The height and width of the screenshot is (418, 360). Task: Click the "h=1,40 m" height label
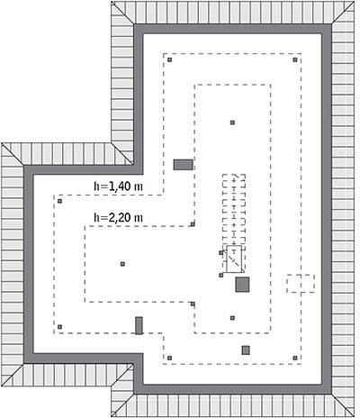coord(118,186)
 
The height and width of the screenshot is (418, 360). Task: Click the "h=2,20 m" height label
coord(118,217)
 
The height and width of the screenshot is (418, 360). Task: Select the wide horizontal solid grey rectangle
coord(183,165)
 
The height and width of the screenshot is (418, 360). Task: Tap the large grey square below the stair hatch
coord(242,285)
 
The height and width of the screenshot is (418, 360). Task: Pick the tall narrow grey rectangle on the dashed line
coord(139,325)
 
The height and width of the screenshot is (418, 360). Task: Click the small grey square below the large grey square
coord(246,350)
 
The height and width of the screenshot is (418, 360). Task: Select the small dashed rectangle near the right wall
coord(301,284)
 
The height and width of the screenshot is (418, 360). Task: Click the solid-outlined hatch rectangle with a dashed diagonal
coord(234,259)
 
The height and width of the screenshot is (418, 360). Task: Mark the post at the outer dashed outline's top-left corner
coord(170,59)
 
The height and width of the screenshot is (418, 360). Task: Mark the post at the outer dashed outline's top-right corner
coord(295,59)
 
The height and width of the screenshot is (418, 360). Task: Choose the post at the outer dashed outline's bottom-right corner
coord(295,358)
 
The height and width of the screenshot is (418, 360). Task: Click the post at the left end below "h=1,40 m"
coord(59,201)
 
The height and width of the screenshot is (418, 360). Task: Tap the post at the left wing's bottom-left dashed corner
coord(59,327)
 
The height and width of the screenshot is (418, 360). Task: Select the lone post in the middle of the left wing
coord(122,264)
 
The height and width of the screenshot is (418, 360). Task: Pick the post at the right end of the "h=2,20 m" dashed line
coord(193,224)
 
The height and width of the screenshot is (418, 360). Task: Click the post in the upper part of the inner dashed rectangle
coord(232,123)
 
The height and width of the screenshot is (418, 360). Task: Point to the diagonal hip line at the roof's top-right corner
coord(343,12)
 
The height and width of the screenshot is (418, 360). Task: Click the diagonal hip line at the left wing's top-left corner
coord(13,154)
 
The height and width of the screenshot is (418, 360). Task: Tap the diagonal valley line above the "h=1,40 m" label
coord(122,154)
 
